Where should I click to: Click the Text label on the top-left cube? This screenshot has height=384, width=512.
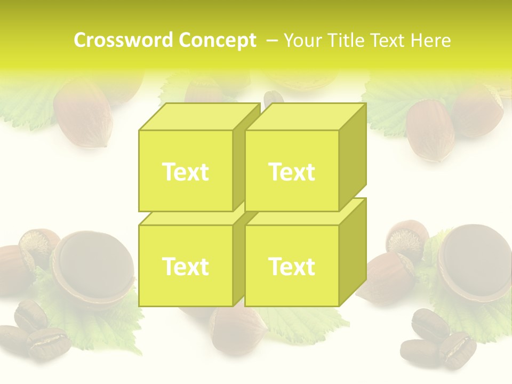click(x=185, y=172)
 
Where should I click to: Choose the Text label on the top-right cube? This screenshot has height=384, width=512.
click(x=292, y=172)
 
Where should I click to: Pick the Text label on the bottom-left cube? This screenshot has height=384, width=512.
click(x=185, y=266)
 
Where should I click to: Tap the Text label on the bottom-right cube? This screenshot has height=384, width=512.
click(x=292, y=266)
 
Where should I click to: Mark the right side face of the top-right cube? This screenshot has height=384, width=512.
click(x=353, y=155)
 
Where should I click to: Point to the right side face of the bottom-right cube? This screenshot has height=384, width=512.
click(x=353, y=251)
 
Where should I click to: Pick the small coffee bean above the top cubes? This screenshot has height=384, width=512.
click(x=274, y=98)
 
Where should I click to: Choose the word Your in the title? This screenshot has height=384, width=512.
click(x=305, y=40)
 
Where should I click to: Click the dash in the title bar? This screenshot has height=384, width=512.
click(x=271, y=40)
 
